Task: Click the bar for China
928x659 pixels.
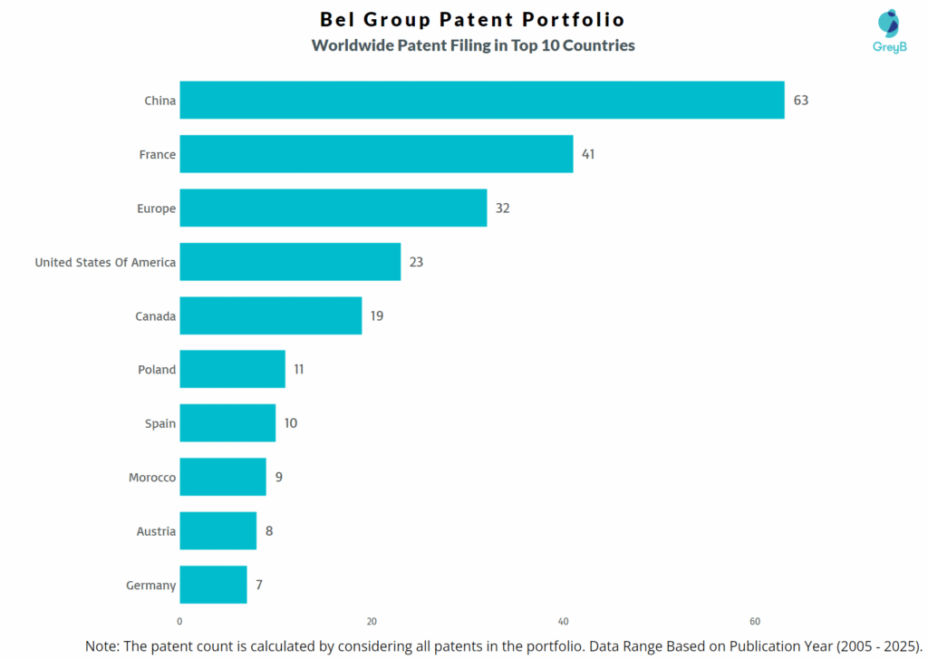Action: (481, 100)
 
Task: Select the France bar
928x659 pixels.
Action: (376, 154)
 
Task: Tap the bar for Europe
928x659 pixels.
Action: (333, 208)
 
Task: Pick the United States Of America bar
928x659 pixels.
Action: (290, 262)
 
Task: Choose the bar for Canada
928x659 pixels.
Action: (270, 315)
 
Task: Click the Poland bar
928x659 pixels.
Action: (232, 369)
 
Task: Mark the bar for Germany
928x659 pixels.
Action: (213, 585)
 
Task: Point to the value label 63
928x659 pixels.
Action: (800, 101)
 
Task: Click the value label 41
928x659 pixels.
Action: (588, 154)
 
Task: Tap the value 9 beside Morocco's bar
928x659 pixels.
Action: (279, 477)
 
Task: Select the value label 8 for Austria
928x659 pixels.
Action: (269, 531)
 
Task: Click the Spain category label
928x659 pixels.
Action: (160, 423)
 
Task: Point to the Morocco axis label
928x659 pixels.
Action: (152, 477)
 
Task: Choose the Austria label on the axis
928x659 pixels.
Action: (156, 531)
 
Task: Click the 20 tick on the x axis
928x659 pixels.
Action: (372, 621)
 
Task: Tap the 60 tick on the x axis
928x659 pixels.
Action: (755, 621)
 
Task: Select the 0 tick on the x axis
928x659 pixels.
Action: (179, 621)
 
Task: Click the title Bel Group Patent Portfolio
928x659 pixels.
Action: (472, 19)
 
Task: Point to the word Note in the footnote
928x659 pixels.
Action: (104, 645)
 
